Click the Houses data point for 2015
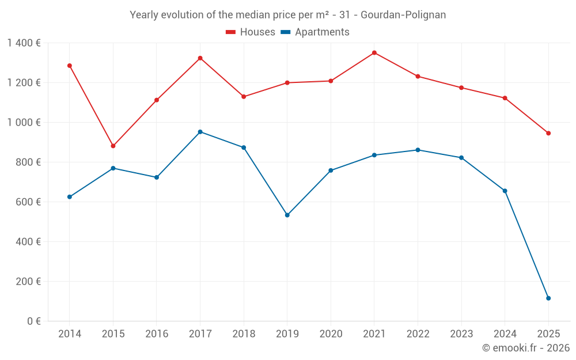coord(113,146)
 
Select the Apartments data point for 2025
coord(548,298)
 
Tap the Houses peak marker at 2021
coord(374,53)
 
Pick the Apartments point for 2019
coord(287,215)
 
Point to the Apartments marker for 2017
coord(200,132)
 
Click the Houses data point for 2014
coord(70,66)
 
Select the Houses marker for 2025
coord(548,133)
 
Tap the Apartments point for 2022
coord(418,150)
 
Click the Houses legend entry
coord(251,32)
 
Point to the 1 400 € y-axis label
coord(24,43)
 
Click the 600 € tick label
coord(29,202)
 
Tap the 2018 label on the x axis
coord(244,334)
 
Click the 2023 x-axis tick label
coord(461,334)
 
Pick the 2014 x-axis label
coord(70,334)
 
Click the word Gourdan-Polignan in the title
coord(403,15)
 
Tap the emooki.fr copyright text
coord(525,348)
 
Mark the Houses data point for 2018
coord(244,97)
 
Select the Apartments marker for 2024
coord(505,191)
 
